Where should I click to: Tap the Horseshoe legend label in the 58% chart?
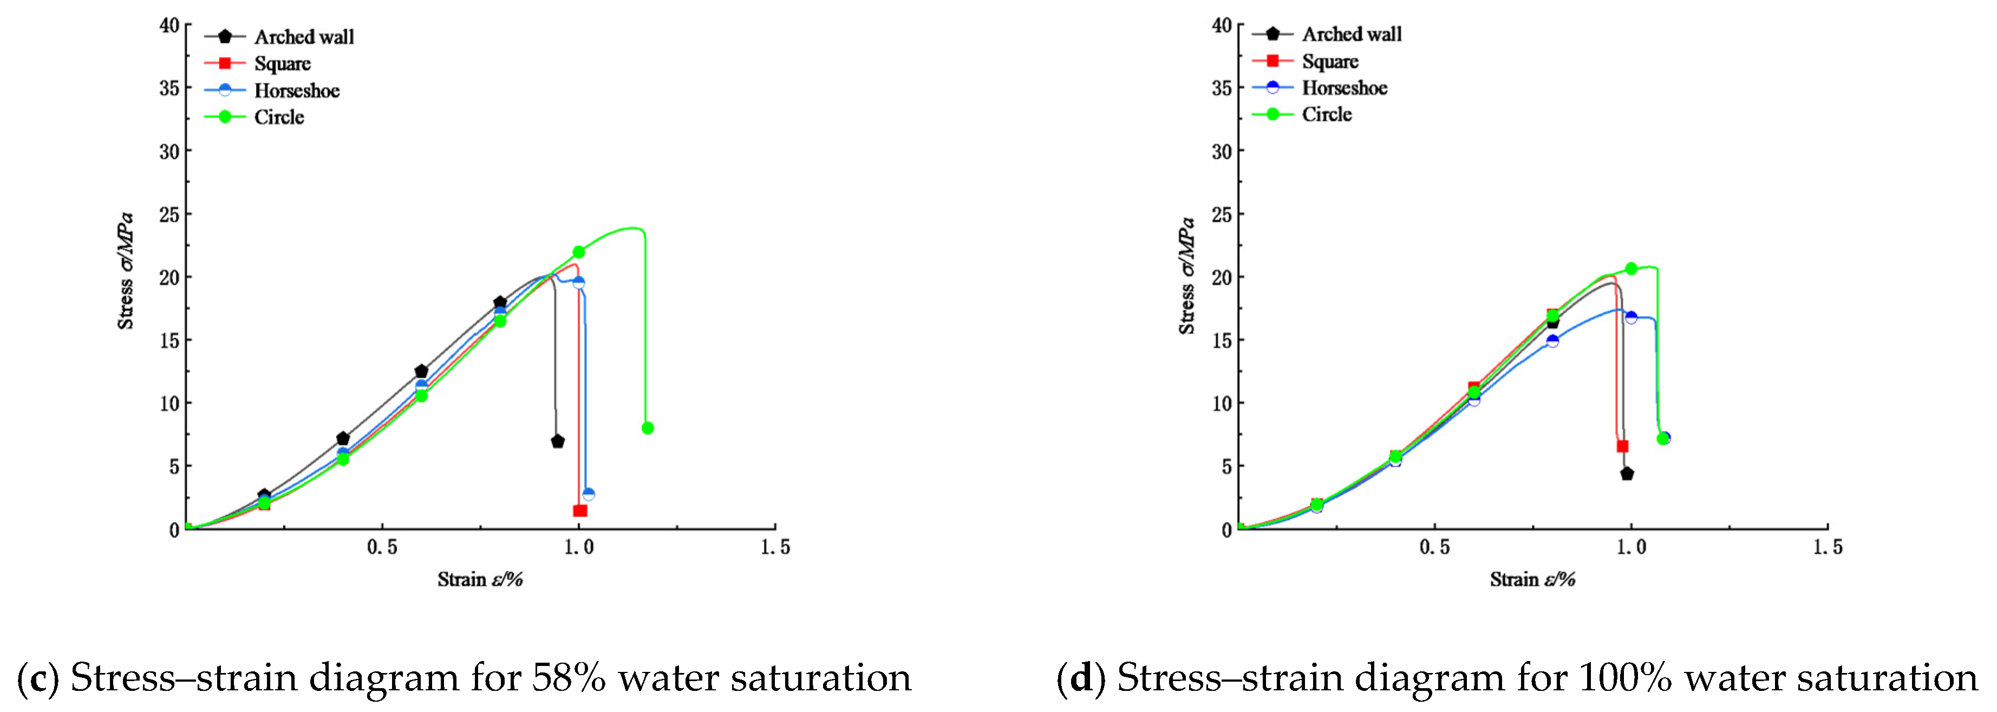(x=297, y=90)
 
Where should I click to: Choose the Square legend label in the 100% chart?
(x=1330, y=61)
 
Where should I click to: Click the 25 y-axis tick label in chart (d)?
(x=1222, y=214)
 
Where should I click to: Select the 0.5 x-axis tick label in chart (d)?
(x=1434, y=548)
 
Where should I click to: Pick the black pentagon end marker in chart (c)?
(x=557, y=441)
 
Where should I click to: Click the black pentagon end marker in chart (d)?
(x=1627, y=473)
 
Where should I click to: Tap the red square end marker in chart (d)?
(x=1622, y=446)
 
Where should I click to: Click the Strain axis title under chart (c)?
(x=480, y=579)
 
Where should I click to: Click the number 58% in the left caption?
(x=568, y=678)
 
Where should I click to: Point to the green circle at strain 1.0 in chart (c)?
(x=578, y=252)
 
